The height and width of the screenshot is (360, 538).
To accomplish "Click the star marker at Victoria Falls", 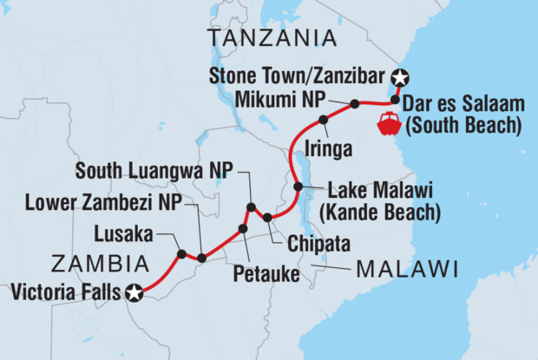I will (x=134, y=293).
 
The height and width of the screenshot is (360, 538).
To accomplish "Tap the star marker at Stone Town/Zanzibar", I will (x=401, y=75).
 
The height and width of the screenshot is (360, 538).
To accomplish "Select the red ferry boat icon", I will (x=389, y=123).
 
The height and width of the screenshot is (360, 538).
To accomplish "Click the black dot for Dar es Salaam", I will (x=395, y=100).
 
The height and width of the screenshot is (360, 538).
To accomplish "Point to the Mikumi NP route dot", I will (x=355, y=104).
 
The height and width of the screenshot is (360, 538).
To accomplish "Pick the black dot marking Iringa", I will (x=323, y=119).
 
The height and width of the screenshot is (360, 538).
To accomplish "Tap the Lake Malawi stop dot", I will (x=298, y=187).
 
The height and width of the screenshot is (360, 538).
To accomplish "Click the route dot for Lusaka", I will (x=181, y=254).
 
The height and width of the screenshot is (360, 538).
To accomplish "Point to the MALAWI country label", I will (x=406, y=271).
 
